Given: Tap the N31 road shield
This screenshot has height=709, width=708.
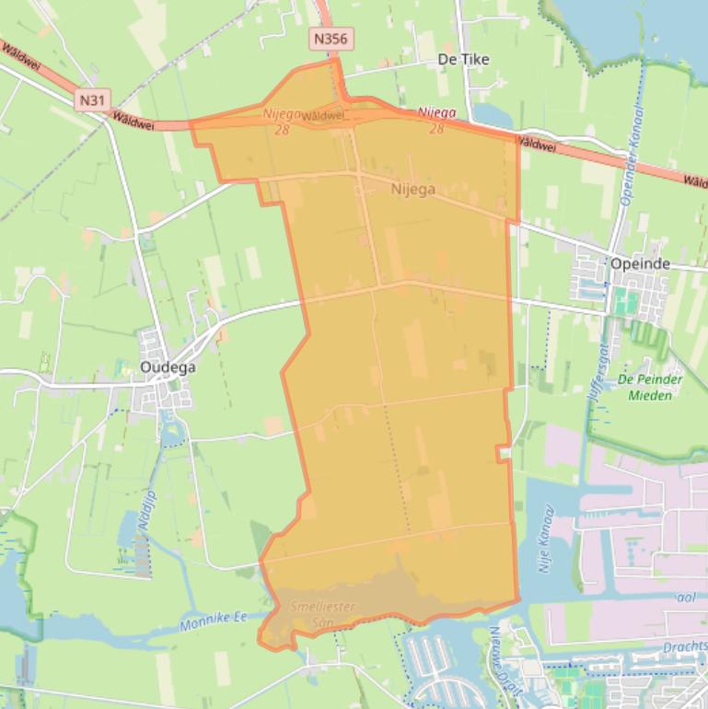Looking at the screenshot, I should (90, 99).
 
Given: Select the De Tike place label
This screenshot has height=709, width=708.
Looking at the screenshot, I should (463, 59).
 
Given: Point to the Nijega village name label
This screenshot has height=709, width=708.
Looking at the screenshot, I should (412, 189).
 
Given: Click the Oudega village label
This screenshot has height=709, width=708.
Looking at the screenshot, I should (168, 366).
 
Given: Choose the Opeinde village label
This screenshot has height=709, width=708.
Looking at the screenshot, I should (653, 264).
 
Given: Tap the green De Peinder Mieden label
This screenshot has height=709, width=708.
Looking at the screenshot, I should (650, 387).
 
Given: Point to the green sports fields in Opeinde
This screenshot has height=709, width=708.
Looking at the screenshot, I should (626, 302).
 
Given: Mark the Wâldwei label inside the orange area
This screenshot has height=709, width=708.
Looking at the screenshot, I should (322, 116).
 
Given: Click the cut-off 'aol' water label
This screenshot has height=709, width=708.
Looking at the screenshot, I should (686, 598).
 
